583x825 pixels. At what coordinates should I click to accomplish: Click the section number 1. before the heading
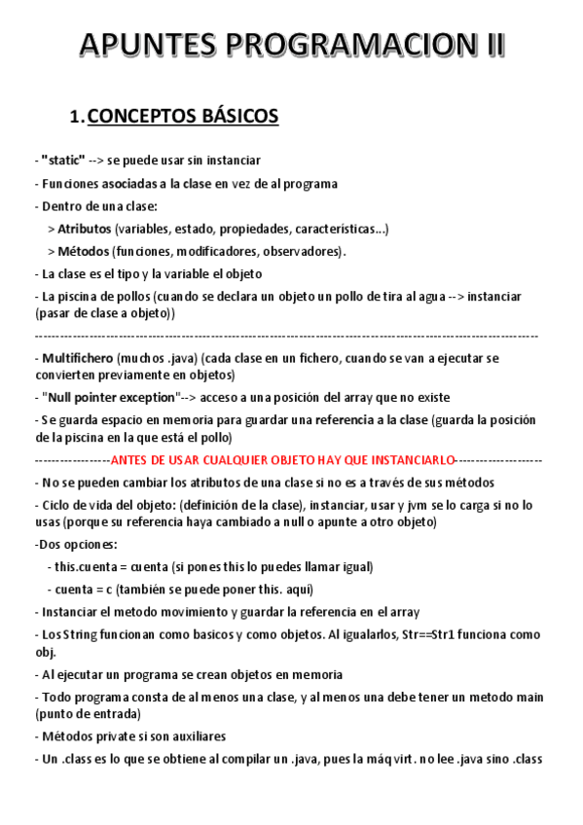pyautogui.click(x=78, y=118)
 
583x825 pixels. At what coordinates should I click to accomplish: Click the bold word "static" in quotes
pyautogui.click(x=63, y=160)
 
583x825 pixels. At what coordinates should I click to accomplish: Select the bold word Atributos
pyautogui.click(x=85, y=229)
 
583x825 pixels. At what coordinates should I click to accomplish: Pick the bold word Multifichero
pyautogui.click(x=78, y=358)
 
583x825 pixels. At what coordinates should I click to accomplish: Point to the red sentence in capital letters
pyautogui.click(x=282, y=459)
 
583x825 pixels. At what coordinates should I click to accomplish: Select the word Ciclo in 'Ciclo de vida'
pyautogui.click(x=56, y=505)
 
